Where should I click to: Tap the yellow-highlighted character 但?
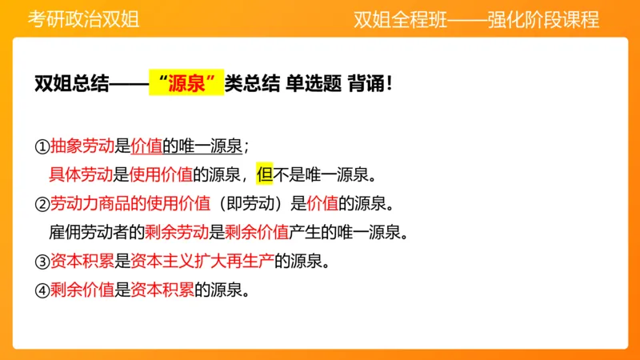[x=265, y=174]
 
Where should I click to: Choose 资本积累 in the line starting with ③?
[x=82, y=261]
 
